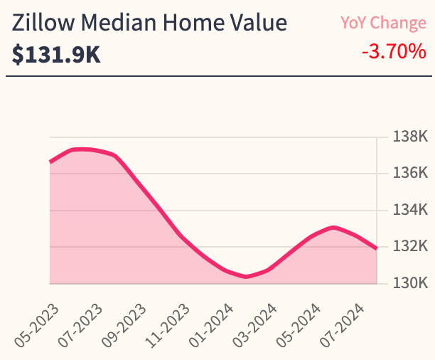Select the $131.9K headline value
point(56,54)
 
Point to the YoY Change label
point(383,23)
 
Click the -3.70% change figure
point(392,52)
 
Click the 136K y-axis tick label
point(410,173)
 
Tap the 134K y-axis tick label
point(410,210)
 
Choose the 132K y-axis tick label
point(410,247)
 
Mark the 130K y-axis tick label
point(410,283)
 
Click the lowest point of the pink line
point(247,277)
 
